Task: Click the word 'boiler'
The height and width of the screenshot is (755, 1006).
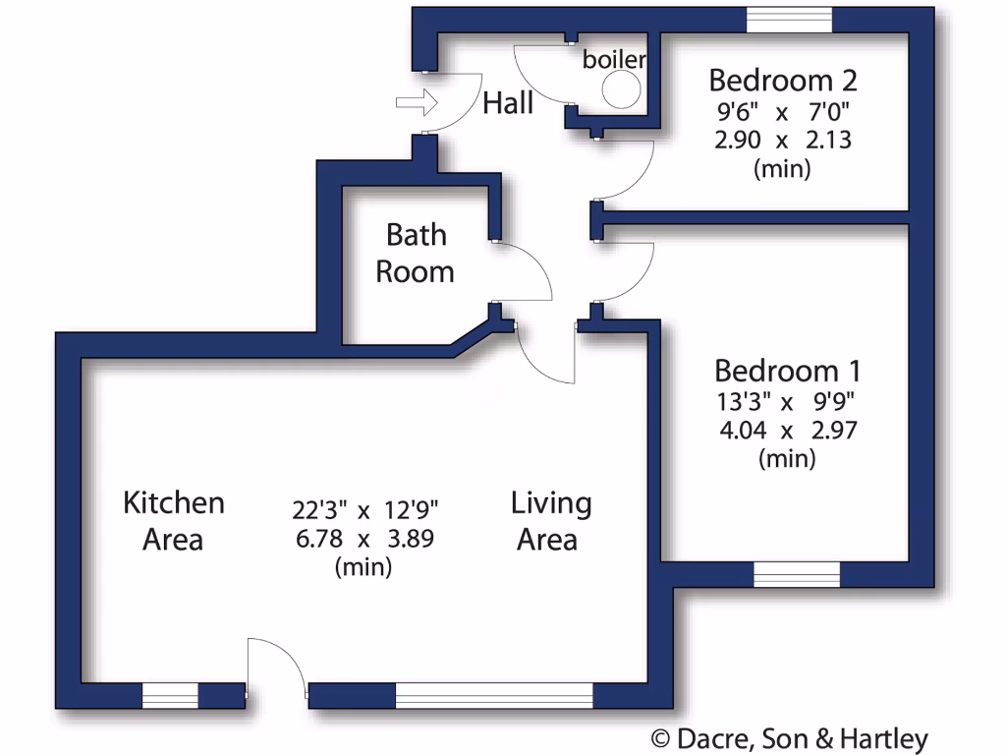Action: (614, 60)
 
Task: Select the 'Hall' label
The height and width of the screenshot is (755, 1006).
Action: (508, 103)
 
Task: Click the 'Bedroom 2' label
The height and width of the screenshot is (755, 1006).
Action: (783, 79)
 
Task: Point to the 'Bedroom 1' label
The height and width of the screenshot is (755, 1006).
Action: (788, 371)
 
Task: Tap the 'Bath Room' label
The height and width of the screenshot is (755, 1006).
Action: (416, 253)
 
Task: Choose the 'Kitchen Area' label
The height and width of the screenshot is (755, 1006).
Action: (174, 520)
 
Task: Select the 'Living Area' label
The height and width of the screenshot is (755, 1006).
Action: (551, 520)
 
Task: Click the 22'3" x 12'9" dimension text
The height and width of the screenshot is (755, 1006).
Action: (364, 509)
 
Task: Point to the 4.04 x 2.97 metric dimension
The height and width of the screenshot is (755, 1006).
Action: (788, 431)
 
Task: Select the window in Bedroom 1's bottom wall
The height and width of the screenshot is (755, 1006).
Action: (797, 574)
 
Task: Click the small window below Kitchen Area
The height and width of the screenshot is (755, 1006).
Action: (170, 695)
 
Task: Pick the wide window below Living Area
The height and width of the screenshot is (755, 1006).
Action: (494, 695)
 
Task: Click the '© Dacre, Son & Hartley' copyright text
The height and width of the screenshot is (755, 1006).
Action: (790, 739)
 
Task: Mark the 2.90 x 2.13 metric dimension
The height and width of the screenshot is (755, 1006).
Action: (783, 139)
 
